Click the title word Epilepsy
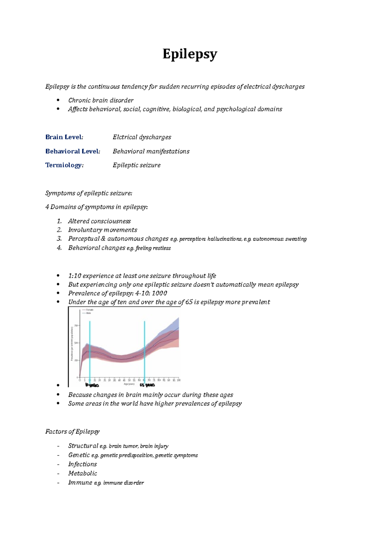pyautogui.click(x=189, y=54)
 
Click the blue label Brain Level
pyautogui.click(x=64, y=137)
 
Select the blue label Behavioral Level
pyautogui.click(x=73, y=151)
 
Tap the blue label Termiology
pyautogui.click(x=64, y=165)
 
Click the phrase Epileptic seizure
pyautogui.click(x=136, y=165)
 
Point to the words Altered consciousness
pyautogui.click(x=99, y=221)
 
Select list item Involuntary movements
pyautogui.click(x=103, y=230)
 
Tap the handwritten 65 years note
pyautogui.click(x=147, y=385)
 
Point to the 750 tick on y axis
pyautogui.click(x=76, y=325)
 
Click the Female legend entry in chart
pyautogui.click(x=89, y=310)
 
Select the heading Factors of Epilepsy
pyautogui.click(x=72, y=432)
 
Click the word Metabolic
pyautogui.click(x=83, y=473)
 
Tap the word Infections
pyautogui.click(x=82, y=464)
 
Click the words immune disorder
pyautogui.click(x=123, y=483)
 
